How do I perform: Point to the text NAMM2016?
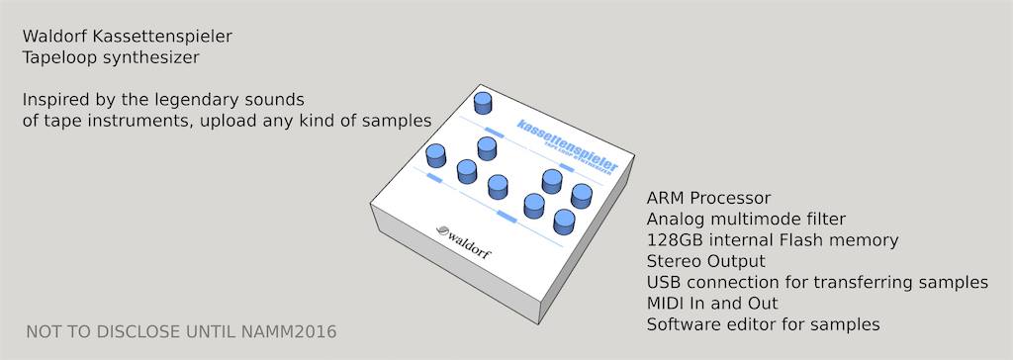click(290, 332)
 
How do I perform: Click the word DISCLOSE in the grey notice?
click(138, 332)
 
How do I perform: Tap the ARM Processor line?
click(708, 198)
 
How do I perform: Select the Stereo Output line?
click(706, 262)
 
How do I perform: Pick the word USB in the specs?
click(664, 283)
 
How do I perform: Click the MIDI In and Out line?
click(712, 303)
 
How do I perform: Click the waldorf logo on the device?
click(463, 241)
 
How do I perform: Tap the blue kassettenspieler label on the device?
click(568, 144)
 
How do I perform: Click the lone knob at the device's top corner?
click(483, 103)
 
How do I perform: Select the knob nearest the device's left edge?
click(436, 155)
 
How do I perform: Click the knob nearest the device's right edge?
click(582, 196)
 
